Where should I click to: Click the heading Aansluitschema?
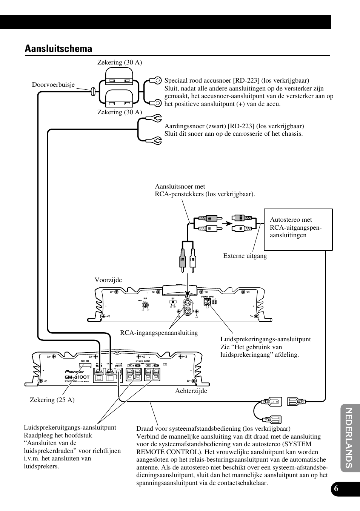coord(58,49)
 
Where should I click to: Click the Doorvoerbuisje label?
coord(53,85)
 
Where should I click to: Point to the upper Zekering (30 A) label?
coord(120,63)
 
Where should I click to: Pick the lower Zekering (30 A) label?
coord(120,112)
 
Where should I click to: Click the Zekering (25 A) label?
coord(52,400)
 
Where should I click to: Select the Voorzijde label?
coord(108,280)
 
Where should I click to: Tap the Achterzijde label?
coord(191,391)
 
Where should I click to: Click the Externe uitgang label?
coord(245,256)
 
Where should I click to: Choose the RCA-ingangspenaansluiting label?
coord(159,333)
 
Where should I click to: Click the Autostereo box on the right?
coord(298,229)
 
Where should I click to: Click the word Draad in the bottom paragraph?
coord(144,429)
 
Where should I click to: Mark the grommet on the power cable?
coord(92,91)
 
